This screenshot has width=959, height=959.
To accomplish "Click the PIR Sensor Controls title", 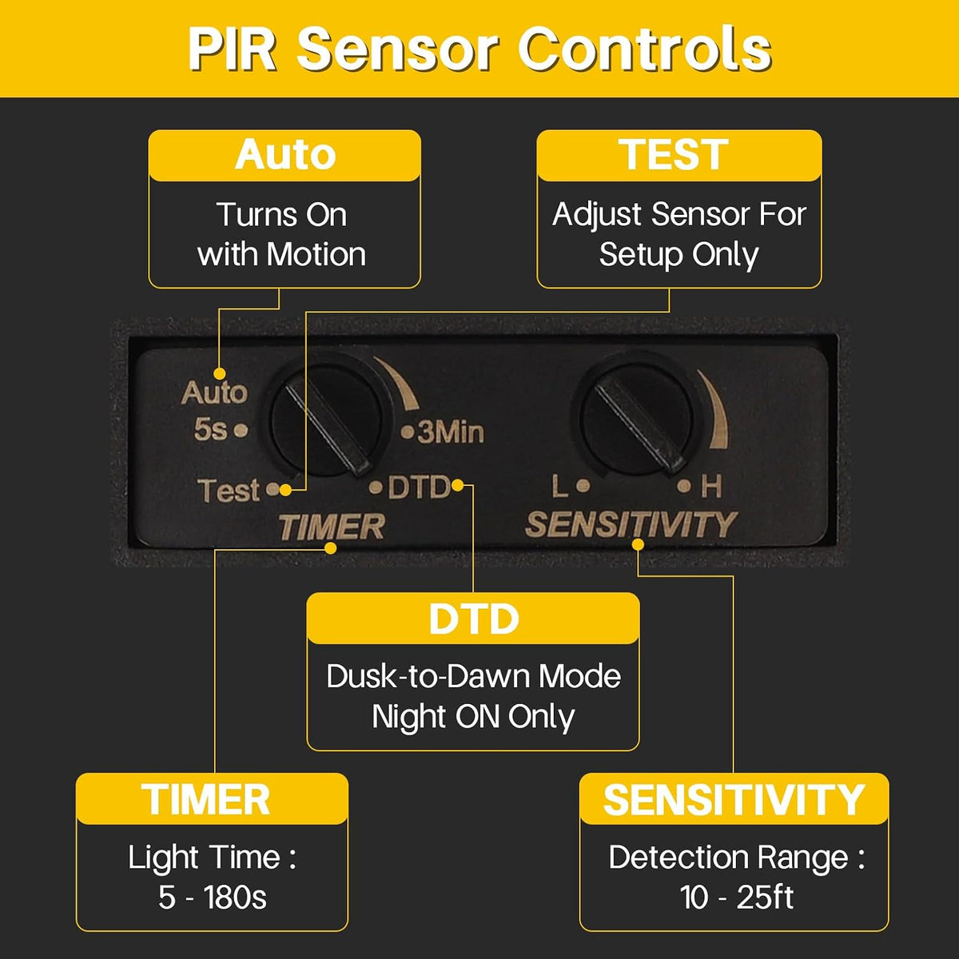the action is point(479,49).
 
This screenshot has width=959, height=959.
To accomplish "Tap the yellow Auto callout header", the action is point(285,155).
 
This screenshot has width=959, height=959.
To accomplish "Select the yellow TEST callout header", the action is point(678,155).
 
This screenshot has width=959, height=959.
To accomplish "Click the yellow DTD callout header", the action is point(473,618).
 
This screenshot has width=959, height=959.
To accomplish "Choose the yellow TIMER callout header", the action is point(212,799).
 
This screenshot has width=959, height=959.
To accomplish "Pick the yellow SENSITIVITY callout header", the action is point(734,799).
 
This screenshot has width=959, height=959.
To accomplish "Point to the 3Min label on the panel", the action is point(450,432).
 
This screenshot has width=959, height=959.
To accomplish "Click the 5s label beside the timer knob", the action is point(210,429).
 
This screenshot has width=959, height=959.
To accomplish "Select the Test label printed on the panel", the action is point(229,490).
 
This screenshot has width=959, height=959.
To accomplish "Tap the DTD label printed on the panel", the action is point(419,487).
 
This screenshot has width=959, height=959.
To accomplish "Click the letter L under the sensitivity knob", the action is point(560,487).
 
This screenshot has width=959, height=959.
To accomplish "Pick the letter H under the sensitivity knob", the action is point(711,487).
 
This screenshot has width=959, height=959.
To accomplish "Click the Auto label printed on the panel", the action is point(214,393).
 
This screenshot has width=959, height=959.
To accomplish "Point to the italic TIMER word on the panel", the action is point(332,527).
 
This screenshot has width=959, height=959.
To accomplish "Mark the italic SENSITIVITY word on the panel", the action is point(631,524).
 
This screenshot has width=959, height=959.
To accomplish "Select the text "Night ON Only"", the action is point(473,718).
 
